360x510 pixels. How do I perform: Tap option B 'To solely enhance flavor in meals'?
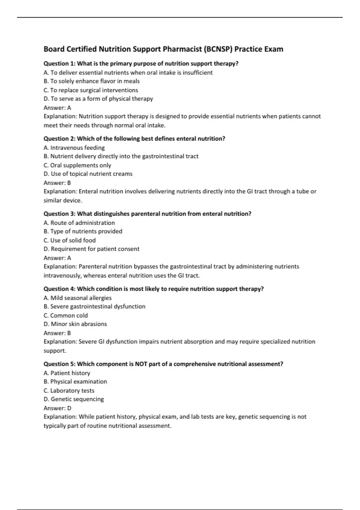[91, 81]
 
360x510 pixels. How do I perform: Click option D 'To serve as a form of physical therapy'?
[98, 99]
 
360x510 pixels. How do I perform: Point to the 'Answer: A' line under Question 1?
[57, 108]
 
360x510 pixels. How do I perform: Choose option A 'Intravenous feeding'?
[74, 148]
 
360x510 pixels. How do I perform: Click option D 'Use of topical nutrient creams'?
[88, 174]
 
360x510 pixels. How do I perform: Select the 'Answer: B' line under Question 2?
[57, 183]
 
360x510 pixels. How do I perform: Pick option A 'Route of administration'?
[79, 223]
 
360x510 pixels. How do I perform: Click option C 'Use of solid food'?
[70, 240]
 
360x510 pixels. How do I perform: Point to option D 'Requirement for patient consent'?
[91, 249]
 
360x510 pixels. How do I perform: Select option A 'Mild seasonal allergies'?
[77, 298]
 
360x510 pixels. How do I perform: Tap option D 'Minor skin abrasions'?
[75, 324]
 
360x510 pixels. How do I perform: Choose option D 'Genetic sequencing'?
[73, 399]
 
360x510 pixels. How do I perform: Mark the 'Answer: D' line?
[57, 408]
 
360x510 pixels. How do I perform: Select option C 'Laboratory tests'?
[69, 391]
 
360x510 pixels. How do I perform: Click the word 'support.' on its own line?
[55, 351]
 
